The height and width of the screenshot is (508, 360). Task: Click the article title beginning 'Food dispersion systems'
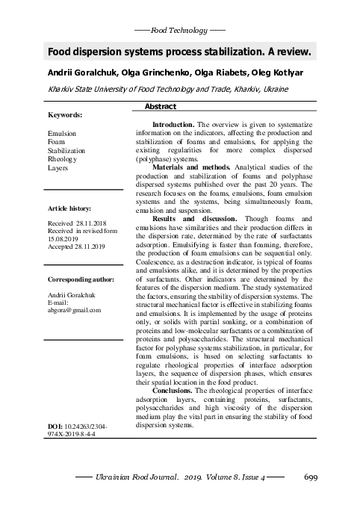(179, 53)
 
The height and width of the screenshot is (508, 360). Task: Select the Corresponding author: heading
(81, 279)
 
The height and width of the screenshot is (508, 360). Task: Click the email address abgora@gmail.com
(74, 310)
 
